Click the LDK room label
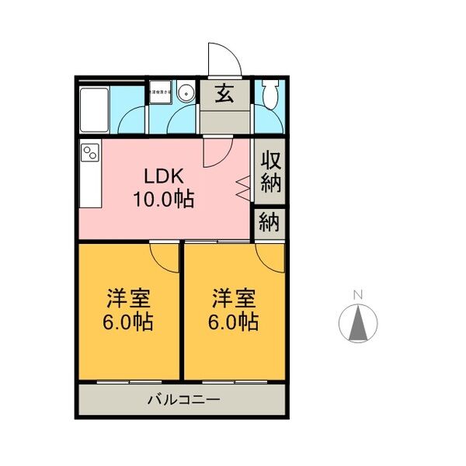(x=162, y=176)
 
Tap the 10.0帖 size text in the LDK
(x=162, y=198)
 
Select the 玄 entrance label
(x=224, y=94)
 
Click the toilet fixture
(x=270, y=96)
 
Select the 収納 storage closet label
(x=270, y=172)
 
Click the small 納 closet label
(x=270, y=222)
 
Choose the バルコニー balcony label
(x=183, y=402)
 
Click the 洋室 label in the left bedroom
(x=128, y=298)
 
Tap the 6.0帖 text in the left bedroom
(x=128, y=321)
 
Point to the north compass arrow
(x=358, y=324)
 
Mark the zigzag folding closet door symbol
(x=242, y=187)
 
